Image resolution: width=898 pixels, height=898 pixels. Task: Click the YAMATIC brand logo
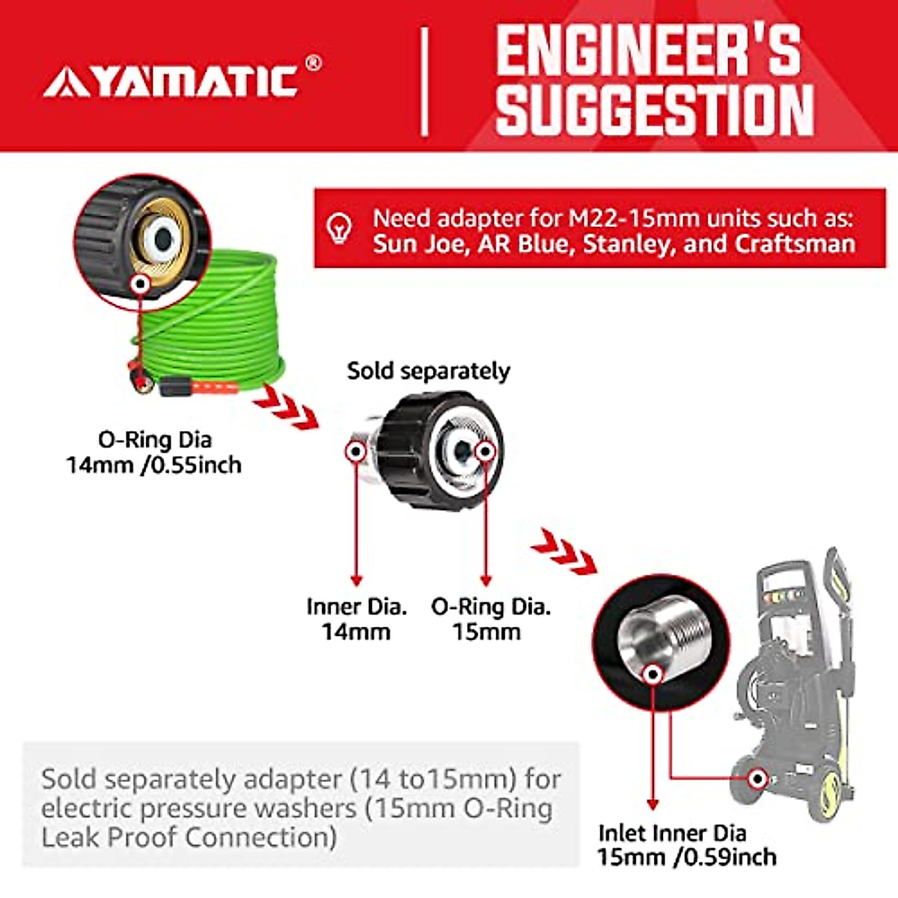pyautogui.click(x=171, y=81)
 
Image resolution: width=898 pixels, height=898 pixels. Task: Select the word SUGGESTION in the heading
pyautogui.click(x=654, y=111)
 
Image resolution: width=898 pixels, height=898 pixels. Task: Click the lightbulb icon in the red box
pyautogui.click(x=340, y=227)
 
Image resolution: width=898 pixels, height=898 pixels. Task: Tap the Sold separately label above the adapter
pyautogui.click(x=428, y=371)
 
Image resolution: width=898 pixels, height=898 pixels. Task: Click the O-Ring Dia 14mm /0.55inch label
pyautogui.click(x=154, y=452)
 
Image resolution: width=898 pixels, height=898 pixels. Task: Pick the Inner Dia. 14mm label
pyautogui.click(x=356, y=619)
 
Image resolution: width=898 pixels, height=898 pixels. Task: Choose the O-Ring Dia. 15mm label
pyautogui.click(x=490, y=619)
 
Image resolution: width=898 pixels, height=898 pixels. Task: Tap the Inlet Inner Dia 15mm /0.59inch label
pyautogui.click(x=685, y=845)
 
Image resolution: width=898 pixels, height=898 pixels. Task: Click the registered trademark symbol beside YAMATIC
pyautogui.click(x=314, y=64)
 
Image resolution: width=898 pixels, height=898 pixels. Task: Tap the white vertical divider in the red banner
pyautogui.click(x=424, y=82)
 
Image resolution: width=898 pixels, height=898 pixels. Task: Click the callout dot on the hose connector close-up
pyautogui.click(x=138, y=284)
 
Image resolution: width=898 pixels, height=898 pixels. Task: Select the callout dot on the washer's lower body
pyautogui.click(x=758, y=779)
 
